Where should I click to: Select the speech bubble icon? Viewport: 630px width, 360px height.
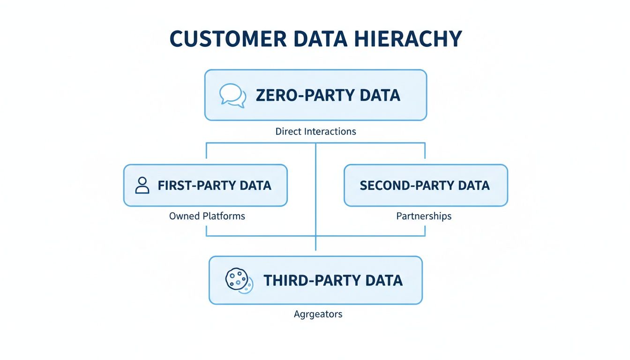click(x=232, y=95)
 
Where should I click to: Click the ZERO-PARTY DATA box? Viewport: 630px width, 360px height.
click(x=315, y=95)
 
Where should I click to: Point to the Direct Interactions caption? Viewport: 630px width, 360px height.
click(x=315, y=132)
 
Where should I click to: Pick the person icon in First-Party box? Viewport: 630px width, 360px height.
click(x=142, y=185)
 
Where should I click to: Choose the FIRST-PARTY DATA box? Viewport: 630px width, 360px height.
click(x=205, y=185)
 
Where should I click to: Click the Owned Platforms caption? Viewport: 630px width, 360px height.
click(x=207, y=216)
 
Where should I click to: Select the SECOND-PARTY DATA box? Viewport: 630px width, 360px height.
click(x=426, y=185)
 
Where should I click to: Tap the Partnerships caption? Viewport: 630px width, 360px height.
click(x=424, y=216)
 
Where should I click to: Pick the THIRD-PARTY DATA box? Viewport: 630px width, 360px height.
click(x=315, y=280)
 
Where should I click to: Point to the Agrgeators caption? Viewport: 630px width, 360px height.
click(x=318, y=314)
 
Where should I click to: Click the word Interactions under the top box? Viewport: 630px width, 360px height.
click(x=330, y=132)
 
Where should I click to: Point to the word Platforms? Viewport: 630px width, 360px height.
click(x=224, y=216)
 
